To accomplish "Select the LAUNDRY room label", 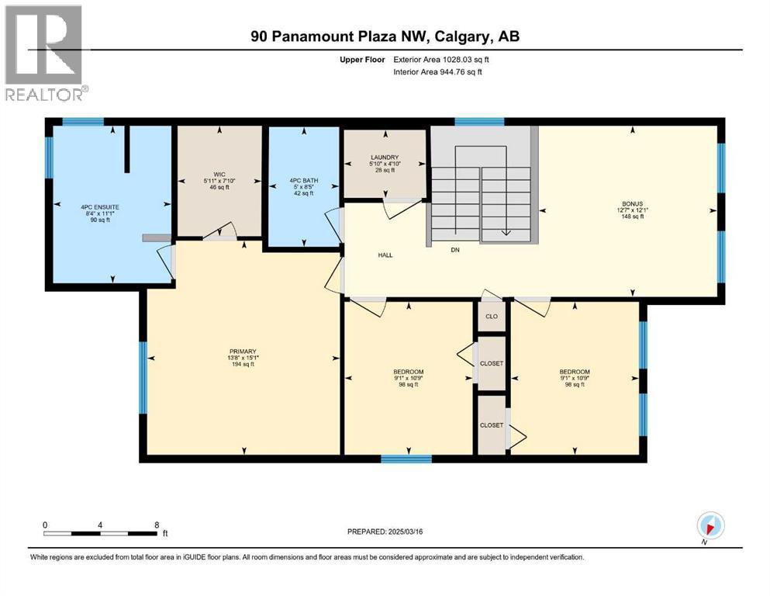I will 384,158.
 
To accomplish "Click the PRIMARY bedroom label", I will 243,351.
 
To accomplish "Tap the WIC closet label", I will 219,175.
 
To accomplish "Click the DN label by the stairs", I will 455,250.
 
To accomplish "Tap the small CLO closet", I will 491,317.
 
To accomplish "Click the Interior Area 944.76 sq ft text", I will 438,72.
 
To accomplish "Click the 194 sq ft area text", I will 243,364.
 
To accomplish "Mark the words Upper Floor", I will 364,59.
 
